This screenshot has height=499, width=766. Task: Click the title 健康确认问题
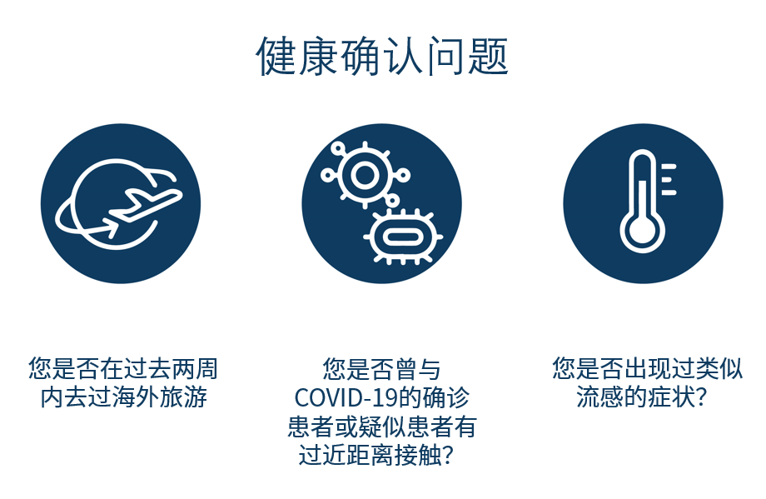tap(382, 56)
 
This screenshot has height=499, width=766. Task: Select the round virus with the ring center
tap(365, 175)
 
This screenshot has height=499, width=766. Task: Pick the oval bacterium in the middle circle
tap(402, 237)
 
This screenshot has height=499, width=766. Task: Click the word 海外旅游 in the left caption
tap(159, 397)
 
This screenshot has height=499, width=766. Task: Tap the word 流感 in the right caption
tap(600, 397)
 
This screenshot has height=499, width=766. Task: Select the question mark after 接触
tap(447, 456)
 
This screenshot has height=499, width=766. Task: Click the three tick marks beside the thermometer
tap(669, 179)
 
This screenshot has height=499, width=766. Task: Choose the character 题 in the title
tap(489, 56)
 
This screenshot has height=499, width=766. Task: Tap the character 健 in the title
tap(276, 56)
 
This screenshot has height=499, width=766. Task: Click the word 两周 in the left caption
tap(195, 368)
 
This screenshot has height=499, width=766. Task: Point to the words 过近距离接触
tap(370, 456)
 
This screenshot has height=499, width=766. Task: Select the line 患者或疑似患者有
tap(382, 427)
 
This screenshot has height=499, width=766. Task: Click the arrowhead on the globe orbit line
tap(111, 227)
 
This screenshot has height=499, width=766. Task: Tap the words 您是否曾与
tap(381, 369)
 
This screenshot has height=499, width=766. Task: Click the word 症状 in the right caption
tap(671, 397)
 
